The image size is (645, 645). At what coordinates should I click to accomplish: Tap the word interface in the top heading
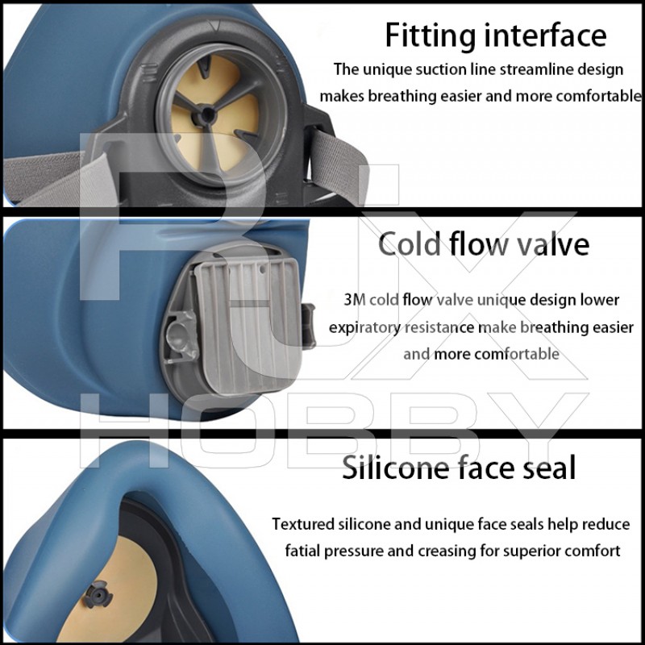coord(546,35)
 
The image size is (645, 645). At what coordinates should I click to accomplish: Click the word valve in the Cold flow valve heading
coord(552,245)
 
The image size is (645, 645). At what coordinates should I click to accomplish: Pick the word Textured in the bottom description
coord(303,524)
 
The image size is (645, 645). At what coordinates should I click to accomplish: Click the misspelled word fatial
coord(303,551)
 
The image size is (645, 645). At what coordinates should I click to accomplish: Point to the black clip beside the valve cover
coord(308,326)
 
